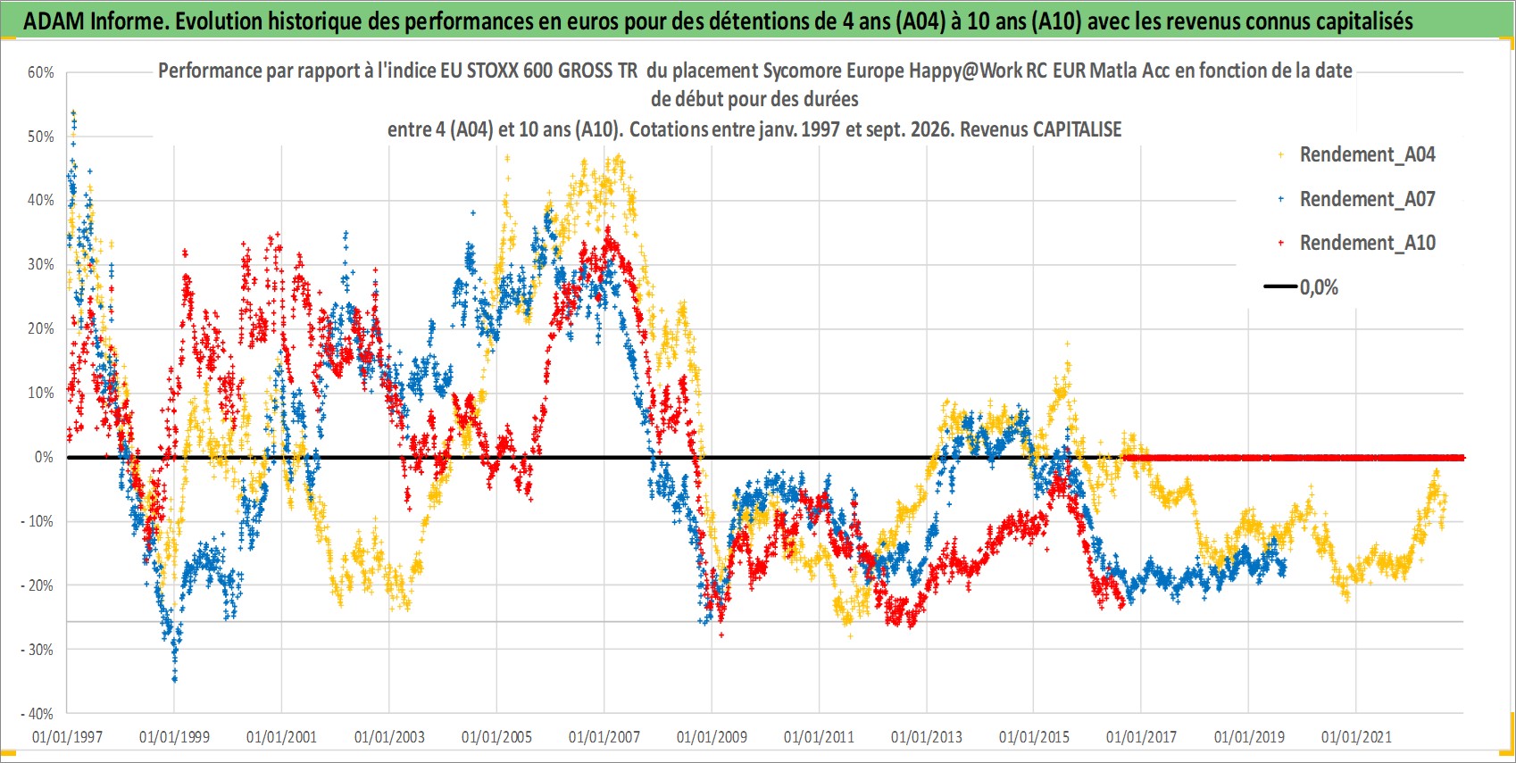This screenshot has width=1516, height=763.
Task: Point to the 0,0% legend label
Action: (x=1319, y=287)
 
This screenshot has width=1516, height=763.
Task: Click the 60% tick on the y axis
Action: (x=40, y=72)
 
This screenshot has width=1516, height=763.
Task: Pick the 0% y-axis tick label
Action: (x=44, y=457)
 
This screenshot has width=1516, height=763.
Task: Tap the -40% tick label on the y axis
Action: (x=37, y=714)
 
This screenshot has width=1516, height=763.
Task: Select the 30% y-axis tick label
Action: (x=40, y=264)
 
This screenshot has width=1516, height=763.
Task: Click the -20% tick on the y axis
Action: (x=37, y=585)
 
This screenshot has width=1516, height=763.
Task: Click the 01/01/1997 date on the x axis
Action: (x=67, y=736)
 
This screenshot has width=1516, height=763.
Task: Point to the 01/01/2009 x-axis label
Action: (x=712, y=736)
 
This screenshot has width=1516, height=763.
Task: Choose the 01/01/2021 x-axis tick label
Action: (x=1356, y=736)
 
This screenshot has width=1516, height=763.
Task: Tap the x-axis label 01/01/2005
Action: (x=496, y=736)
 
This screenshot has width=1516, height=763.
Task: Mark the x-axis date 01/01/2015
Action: (x=1034, y=736)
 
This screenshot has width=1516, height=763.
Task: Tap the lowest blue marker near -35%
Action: (x=175, y=678)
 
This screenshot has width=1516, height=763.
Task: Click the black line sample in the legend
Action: (x=1280, y=286)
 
